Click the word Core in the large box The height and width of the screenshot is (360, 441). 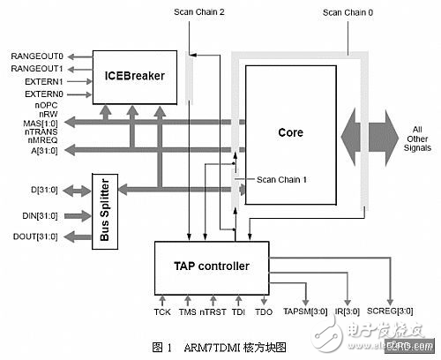pos(290,133)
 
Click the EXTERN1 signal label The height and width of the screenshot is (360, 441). pos(39,80)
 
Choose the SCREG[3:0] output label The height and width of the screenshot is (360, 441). pos(392,312)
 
